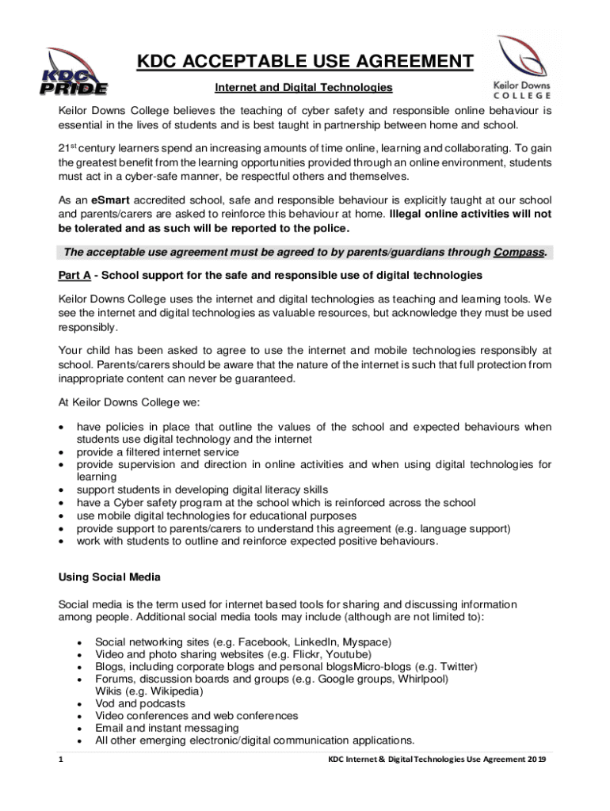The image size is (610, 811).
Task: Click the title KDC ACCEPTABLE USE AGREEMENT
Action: [x=304, y=62]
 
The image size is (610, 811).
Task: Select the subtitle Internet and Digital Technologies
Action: [x=303, y=87]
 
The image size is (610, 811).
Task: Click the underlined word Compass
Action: [x=519, y=253]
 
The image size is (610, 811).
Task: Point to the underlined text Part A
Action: [x=75, y=275]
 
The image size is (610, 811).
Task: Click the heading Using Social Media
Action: [x=109, y=577]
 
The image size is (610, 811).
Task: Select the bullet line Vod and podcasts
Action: [x=140, y=703]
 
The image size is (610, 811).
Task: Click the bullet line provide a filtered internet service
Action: [x=158, y=452]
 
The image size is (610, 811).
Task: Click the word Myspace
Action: [x=365, y=642]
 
